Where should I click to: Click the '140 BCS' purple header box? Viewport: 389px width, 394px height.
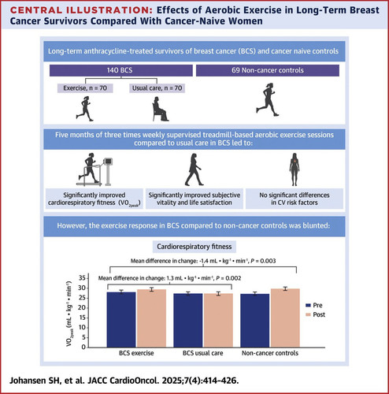pos(121,70)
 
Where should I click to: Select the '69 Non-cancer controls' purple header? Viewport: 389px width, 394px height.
pos(268,70)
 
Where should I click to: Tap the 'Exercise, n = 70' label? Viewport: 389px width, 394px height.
pos(85,88)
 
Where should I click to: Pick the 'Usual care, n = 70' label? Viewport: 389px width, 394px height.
pos(157,88)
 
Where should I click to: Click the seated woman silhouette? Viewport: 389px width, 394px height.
pos(160,109)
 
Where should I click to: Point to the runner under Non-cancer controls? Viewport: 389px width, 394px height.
pos(268,100)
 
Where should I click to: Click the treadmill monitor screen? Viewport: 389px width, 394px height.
pos(108,161)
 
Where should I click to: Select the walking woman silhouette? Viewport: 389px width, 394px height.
pos(194,169)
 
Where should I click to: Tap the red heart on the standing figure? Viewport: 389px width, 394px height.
pos(295,161)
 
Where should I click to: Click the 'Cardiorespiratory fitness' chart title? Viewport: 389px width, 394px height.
pos(194,247)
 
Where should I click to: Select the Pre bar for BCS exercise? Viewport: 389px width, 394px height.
pos(121,319)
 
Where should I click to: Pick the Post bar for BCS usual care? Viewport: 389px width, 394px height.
pos(218,320)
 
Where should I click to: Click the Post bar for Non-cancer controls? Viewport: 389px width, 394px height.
pos(285,318)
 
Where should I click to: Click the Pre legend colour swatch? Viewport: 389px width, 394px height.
pos(309,305)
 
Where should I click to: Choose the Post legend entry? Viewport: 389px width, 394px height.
pos(315,314)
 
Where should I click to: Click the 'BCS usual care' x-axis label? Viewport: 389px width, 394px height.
pos(203,353)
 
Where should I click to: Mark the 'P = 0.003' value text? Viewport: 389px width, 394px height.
pos(263,261)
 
